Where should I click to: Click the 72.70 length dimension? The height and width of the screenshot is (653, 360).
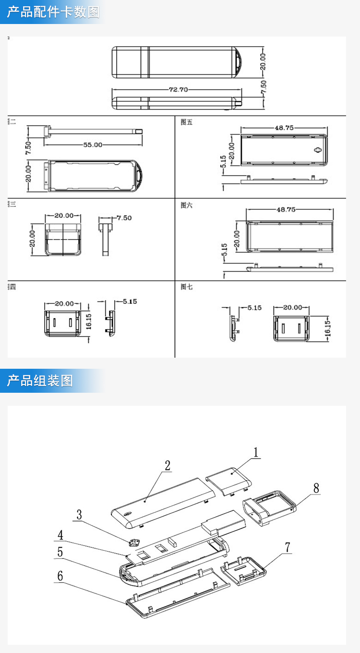click(x=178, y=89)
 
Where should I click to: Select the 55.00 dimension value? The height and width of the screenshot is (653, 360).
click(x=93, y=145)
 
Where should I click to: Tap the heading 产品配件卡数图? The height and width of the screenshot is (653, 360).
click(x=53, y=12)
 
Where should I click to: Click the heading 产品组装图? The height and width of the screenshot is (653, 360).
click(x=40, y=381)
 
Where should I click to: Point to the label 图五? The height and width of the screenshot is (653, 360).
click(x=186, y=122)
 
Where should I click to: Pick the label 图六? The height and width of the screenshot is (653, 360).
click(x=186, y=205)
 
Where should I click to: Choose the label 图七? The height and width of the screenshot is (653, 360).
click(x=186, y=287)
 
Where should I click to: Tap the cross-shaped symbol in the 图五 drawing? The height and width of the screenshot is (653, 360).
click(x=317, y=150)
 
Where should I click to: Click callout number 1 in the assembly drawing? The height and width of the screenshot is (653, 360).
click(x=256, y=452)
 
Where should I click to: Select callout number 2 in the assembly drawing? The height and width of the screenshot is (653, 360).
click(x=168, y=465)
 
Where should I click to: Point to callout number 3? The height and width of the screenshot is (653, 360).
click(x=79, y=515)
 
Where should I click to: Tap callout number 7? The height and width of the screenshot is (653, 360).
click(x=288, y=547)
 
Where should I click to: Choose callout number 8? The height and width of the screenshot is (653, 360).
click(x=316, y=488)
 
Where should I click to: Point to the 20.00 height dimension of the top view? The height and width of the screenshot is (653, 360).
click(x=263, y=61)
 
